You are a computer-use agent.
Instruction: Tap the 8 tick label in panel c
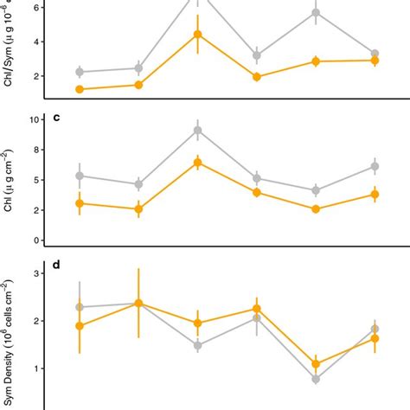(x=35, y=151)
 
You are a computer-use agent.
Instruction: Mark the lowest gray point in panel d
(x=316, y=379)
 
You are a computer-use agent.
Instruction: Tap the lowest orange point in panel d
(x=316, y=364)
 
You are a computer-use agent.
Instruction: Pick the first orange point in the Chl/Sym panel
(x=80, y=89)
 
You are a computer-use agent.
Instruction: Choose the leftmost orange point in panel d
(x=80, y=326)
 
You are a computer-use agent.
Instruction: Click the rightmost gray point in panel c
(x=375, y=166)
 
